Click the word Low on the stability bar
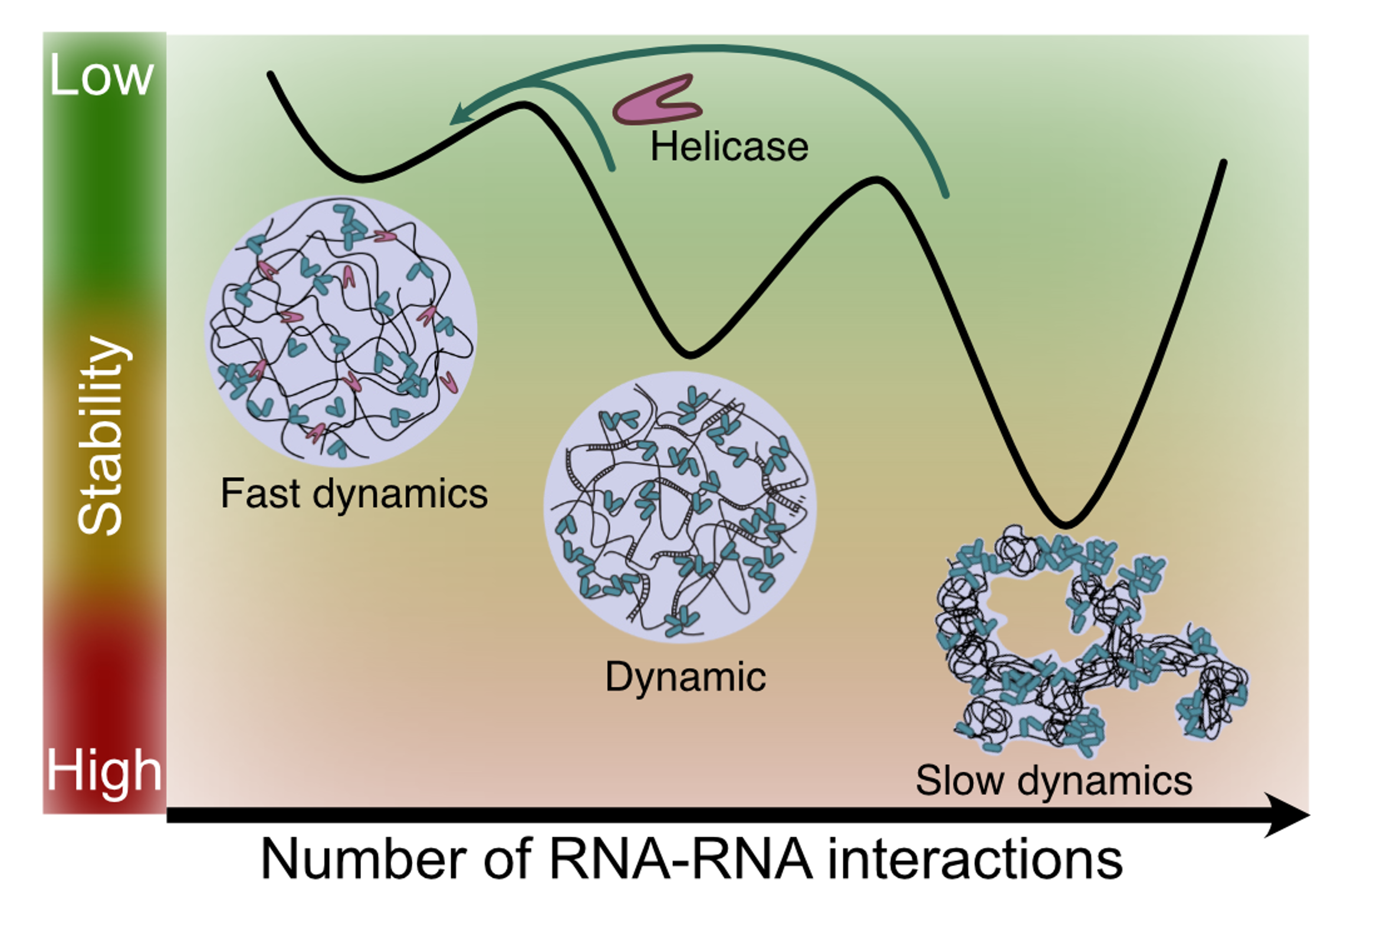click(101, 75)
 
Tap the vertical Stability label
click(102, 435)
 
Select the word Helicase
click(729, 146)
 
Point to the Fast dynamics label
click(354, 493)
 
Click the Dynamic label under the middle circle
click(685, 676)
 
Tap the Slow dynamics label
click(1054, 780)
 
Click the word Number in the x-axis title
click(362, 860)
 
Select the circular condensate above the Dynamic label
click(679, 506)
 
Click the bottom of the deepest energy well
click(1066, 524)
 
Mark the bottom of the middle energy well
click(689, 355)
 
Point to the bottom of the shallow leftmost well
click(361, 179)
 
